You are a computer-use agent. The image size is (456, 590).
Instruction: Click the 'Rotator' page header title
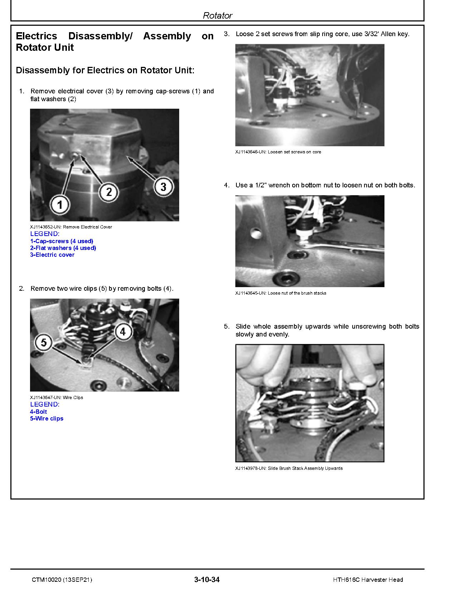point(217,15)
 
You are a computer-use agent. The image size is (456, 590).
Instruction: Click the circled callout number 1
point(60,205)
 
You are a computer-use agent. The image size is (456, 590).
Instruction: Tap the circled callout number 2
point(109,192)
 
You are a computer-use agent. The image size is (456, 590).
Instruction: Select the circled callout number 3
point(163,187)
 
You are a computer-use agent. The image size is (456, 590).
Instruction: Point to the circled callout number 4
point(123,331)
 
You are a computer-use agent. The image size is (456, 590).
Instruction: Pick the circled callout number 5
point(44,343)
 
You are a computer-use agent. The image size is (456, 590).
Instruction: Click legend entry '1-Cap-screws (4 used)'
point(62,241)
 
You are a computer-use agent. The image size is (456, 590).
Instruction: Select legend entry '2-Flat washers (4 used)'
point(63,248)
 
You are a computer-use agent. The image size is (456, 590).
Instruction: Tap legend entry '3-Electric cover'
point(52,255)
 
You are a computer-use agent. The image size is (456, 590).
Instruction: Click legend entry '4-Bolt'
point(38,412)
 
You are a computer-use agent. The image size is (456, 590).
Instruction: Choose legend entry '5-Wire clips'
point(46,418)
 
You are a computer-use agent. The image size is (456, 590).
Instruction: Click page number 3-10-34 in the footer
point(207,580)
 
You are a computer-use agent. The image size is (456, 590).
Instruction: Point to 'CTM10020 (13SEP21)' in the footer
point(62,580)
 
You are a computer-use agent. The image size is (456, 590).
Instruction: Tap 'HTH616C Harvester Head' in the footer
point(368,580)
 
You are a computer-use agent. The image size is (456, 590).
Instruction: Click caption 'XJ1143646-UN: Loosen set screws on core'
point(278,152)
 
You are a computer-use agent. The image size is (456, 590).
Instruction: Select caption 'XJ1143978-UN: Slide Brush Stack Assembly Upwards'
point(289,468)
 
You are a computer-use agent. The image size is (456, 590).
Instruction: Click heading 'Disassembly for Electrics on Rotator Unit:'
point(105,70)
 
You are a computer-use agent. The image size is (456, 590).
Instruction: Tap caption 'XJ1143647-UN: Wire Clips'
point(57,398)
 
